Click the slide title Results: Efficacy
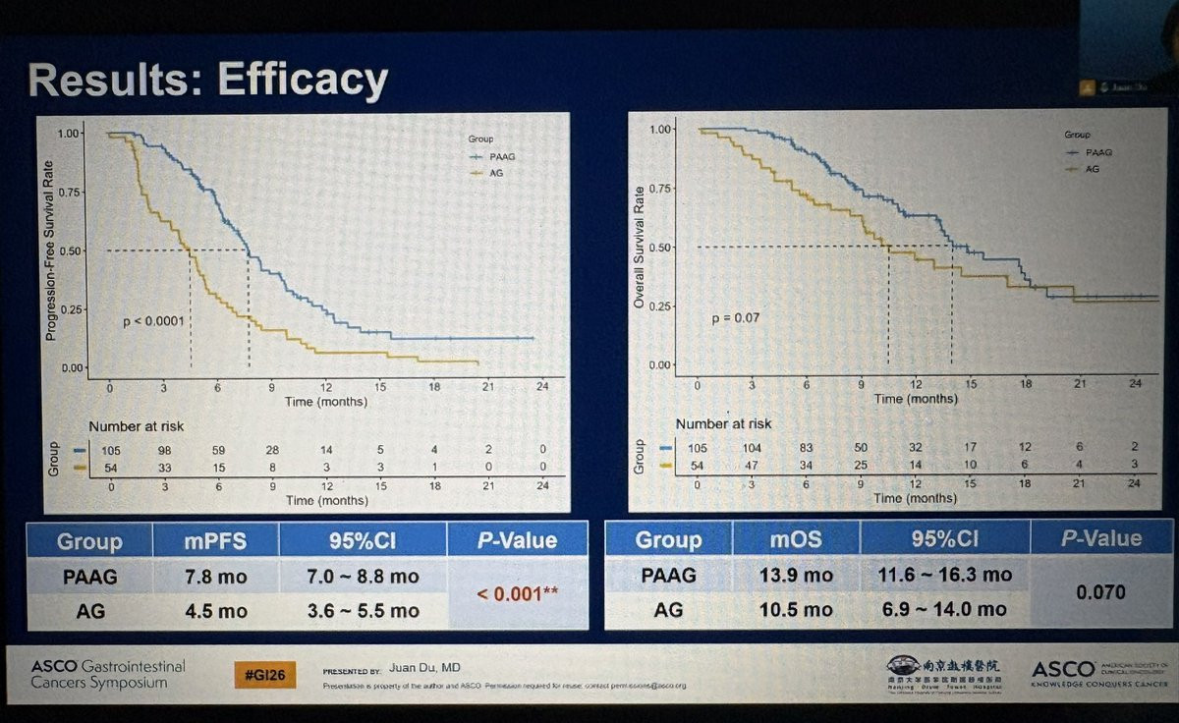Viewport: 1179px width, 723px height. click(x=208, y=80)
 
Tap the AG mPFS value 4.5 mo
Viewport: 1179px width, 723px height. click(x=215, y=610)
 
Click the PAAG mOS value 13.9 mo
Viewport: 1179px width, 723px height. click(x=796, y=575)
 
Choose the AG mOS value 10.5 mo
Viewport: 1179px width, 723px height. click(x=796, y=609)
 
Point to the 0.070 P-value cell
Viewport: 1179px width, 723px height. click(x=1100, y=592)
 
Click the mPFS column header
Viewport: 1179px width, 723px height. click(x=215, y=540)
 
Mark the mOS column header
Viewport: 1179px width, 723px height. click(x=796, y=539)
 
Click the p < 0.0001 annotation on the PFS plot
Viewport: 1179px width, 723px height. click(x=152, y=320)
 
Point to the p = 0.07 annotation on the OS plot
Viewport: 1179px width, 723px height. click(x=736, y=318)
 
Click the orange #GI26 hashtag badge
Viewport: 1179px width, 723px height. click(x=263, y=675)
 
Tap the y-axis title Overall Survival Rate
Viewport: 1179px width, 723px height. click(x=639, y=247)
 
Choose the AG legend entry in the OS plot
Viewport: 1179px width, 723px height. click(x=1089, y=169)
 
